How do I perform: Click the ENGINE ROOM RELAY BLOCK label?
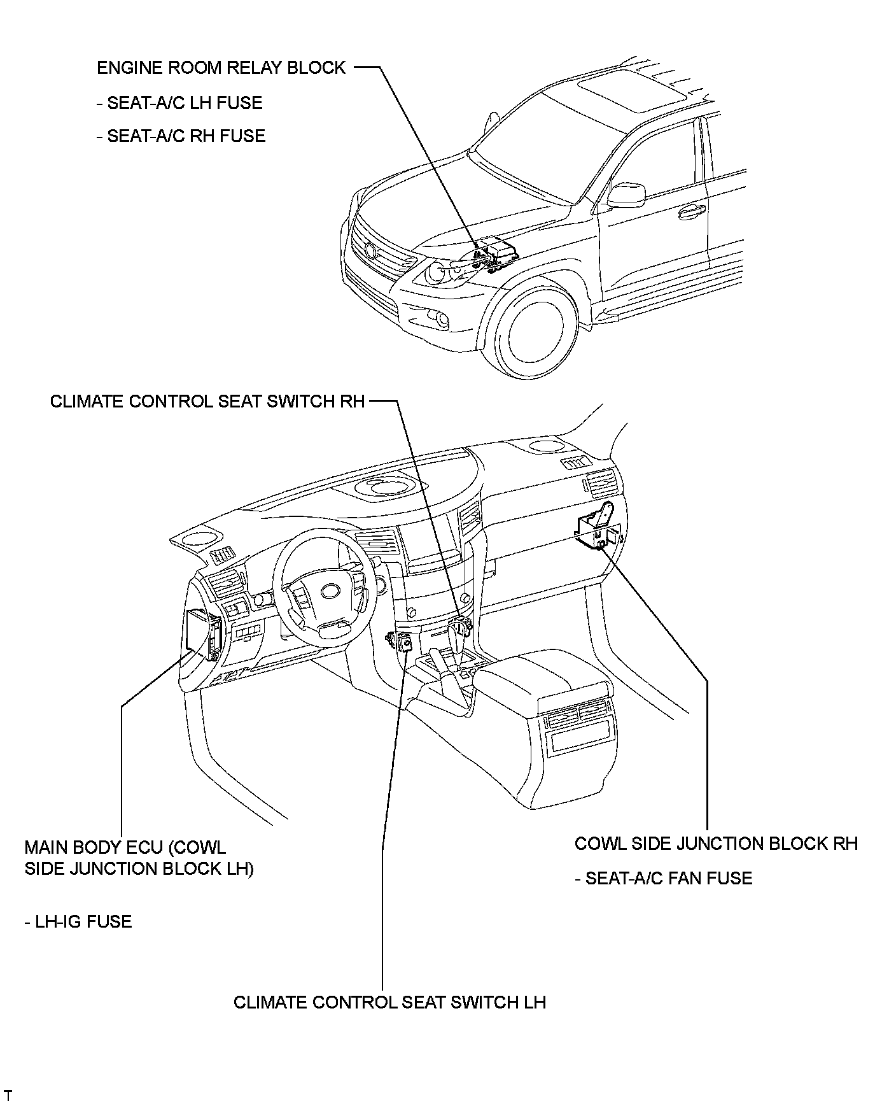click(x=221, y=68)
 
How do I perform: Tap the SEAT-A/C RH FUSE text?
click(x=181, y=136)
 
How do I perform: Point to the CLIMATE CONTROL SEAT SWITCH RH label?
click(x=207, y=402)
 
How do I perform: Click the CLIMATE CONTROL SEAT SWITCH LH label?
click(x=389, y=1002)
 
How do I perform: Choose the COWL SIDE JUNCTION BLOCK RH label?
click(x=716, y=844)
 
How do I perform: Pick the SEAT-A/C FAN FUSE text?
click(x=663, y=879)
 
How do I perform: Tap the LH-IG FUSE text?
click(x=78, y=922)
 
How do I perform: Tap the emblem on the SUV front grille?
click(x=371, y=250)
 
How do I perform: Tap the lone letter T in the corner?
click(x=8, y=1096)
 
